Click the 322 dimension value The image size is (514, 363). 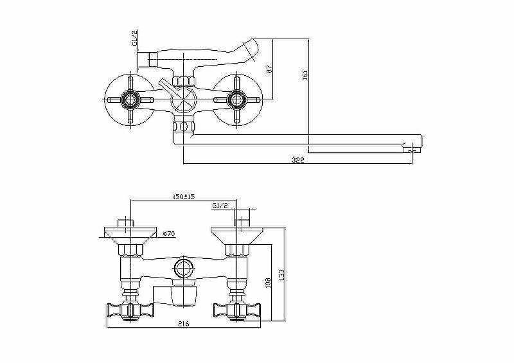[x=298, y=160]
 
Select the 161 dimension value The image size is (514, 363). [x=305, y=75]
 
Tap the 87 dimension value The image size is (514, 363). [x=269, y=69]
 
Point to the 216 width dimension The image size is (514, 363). [x=184, y=324]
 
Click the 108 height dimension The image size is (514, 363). [x=268, y=283]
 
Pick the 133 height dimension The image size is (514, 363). [x=281, y=275]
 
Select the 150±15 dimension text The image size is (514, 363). [x=184, y=197]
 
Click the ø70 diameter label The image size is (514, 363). [x=169, y=233]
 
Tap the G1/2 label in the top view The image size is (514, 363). [x=135, y=39]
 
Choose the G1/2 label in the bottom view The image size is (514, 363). [x=220, y=206]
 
